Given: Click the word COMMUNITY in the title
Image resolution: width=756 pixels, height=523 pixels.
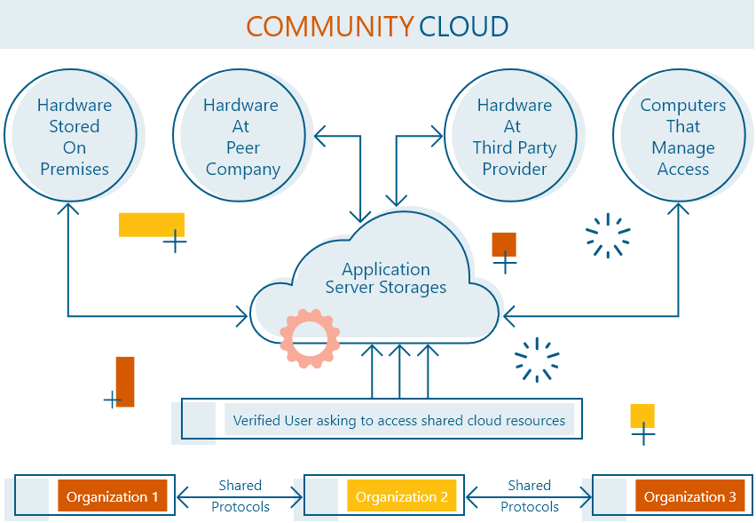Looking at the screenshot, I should (x=329, y=26).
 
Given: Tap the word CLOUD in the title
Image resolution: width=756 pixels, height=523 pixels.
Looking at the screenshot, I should (x=463, y=26).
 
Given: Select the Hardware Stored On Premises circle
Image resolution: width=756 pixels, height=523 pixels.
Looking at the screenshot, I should (x=74, y=137).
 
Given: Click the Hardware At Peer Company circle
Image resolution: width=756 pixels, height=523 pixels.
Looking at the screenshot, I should (x=241, y=137).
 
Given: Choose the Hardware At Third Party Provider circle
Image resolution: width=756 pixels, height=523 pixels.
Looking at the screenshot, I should (x=514, y=137).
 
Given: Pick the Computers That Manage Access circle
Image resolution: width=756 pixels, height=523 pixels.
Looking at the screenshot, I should (x=682, y=137).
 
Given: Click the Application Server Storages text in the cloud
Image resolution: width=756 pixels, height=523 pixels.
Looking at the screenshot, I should (x=385, y=278).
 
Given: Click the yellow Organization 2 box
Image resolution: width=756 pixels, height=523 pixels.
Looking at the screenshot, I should (x=401, y=496).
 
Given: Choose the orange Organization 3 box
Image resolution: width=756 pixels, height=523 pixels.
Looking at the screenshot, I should (x=689, y=496).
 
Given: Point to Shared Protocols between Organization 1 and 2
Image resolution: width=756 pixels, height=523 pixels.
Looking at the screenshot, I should (x=240, y=495).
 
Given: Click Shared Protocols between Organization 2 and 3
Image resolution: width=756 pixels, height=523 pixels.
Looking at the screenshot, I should (x=529, y=495).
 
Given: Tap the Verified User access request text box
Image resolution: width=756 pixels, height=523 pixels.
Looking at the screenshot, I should (x=398, y=420).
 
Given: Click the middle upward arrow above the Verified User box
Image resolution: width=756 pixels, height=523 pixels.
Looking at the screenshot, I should (x=399, y=371).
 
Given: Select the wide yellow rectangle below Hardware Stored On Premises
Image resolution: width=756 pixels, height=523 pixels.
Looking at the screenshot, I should (x=151, y=225).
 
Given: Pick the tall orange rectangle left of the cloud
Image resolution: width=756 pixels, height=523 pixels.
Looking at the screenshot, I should (x=125, y=381).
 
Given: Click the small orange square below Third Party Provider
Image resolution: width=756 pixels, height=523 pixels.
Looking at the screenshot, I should (x=504, y=244).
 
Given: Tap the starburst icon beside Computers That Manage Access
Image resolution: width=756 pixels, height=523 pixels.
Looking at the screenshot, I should (x=608, y=235).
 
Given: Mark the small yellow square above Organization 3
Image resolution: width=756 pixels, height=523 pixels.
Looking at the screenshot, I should (x=642, y=416).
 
